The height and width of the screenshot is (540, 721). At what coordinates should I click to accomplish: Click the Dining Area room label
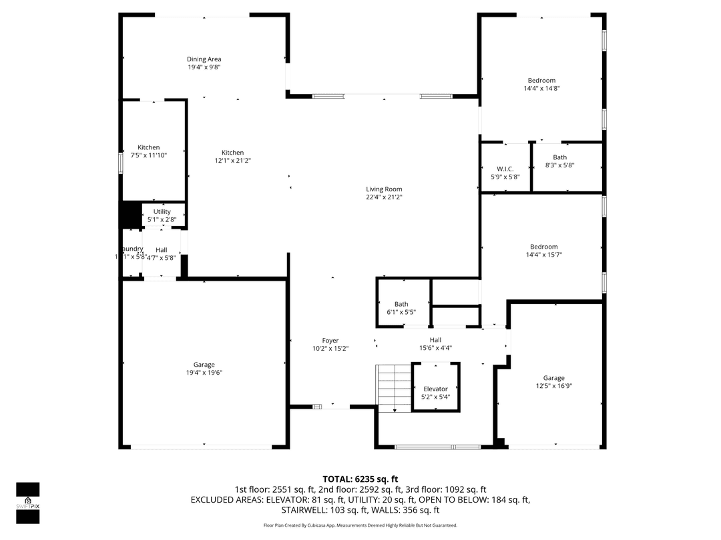click(204, 59)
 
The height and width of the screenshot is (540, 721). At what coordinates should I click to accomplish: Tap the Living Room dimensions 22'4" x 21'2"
click(384, 197)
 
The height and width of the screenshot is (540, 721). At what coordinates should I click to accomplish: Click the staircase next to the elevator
click(393, 388)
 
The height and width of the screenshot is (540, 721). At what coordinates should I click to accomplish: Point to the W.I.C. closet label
click(505, 168)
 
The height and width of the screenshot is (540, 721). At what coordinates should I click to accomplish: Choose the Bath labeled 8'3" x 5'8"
click(559, 161)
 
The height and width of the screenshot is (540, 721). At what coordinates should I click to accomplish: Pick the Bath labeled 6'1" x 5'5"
click(401, 308)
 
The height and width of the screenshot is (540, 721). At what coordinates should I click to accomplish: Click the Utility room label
click(162, 212)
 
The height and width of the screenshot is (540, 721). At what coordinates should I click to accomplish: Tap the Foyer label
click(330, 341)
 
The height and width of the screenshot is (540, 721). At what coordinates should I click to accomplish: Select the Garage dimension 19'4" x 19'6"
click(204, 373)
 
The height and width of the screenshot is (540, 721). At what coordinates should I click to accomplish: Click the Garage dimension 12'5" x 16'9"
click(553, 386)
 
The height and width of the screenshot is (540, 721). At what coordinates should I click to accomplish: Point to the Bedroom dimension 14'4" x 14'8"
click(541, 89)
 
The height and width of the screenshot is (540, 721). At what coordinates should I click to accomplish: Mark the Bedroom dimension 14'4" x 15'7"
click(543, 255)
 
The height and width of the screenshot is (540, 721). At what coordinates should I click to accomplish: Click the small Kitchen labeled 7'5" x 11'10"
click(149, 151)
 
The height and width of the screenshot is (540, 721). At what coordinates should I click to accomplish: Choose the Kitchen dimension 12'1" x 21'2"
click(232, 161)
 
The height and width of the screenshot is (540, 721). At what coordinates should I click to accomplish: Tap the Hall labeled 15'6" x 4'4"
click(435, 344)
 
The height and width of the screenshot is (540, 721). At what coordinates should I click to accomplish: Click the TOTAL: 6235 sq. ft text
click(360, 479)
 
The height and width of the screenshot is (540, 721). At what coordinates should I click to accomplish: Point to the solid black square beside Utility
click(128, 214)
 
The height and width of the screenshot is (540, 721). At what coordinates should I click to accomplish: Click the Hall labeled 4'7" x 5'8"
click(162, 253)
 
